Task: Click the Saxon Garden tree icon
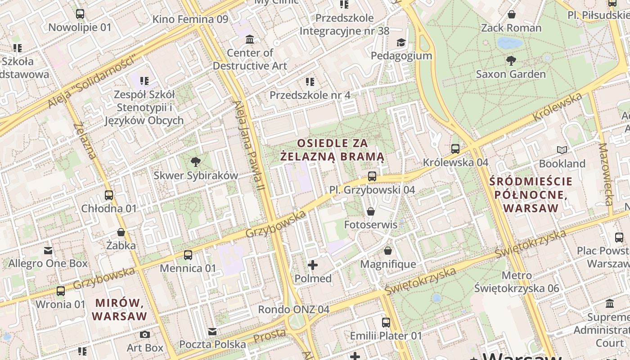pos(511,60)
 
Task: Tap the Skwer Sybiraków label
pos(196,175)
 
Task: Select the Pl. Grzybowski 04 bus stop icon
pos(372,176)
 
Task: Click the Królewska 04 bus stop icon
pos(455,149)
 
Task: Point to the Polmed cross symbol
pos(313,265)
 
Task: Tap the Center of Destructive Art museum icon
pos(250,40)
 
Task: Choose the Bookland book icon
pos(562,150)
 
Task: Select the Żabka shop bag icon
pos(121,232)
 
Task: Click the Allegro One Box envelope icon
pos(48,250)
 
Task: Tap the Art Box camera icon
pos(144,334)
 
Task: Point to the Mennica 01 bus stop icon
pos(188,255)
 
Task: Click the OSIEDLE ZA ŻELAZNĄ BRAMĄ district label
pos(333,150)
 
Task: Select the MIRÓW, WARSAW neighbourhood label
pos(120,309)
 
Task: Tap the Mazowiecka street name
pos(606,174)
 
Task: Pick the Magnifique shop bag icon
pos(388,251)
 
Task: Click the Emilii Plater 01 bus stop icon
pos(386,322)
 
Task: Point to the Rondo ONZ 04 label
pos(293,310)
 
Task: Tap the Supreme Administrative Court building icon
pos(610,304)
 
